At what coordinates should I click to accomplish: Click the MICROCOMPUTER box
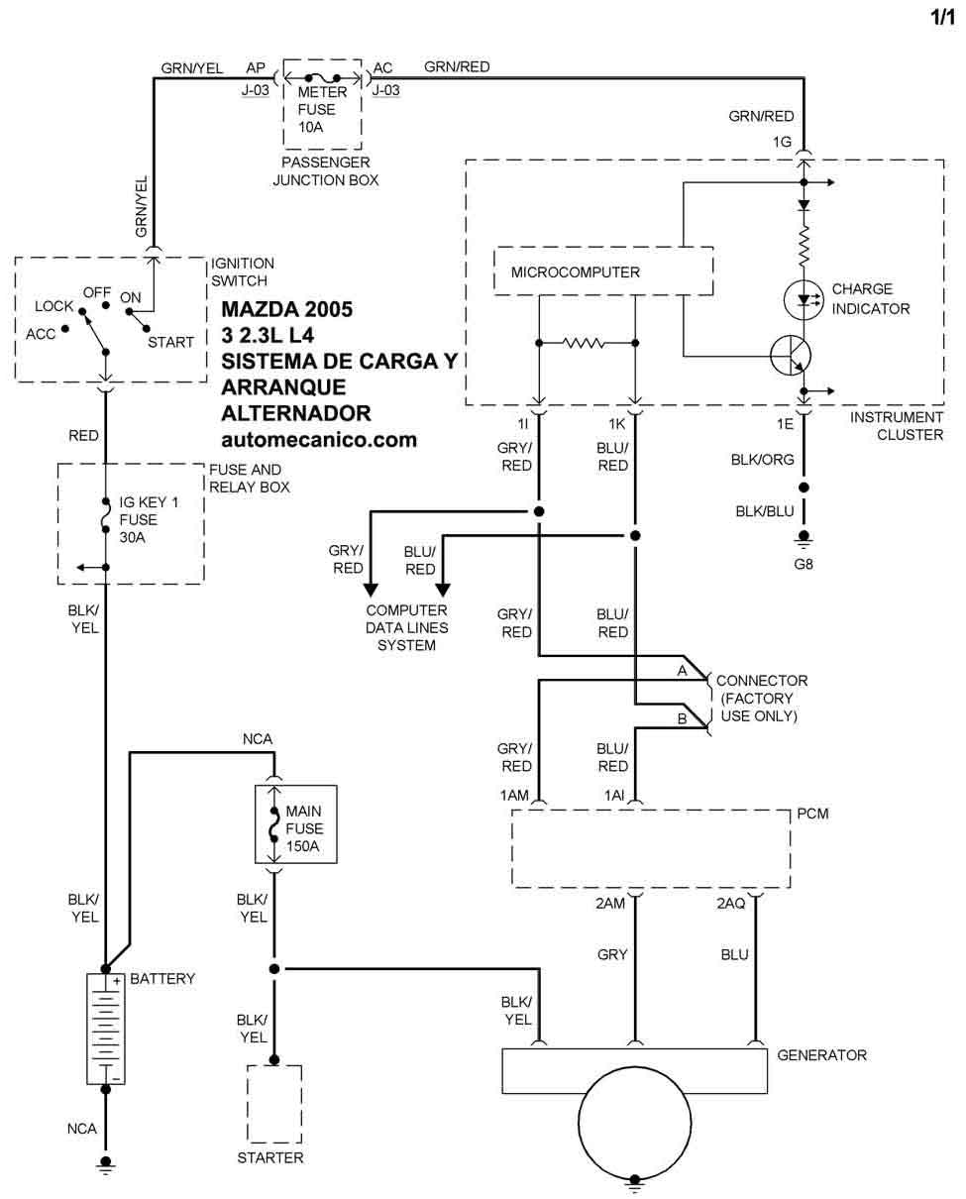pyautogui.click(x=602, y=271)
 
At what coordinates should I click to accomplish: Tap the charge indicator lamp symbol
pyautogui.click(x=803, y=299)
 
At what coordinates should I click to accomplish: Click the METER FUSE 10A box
pyautogui.click(x=322, y=103)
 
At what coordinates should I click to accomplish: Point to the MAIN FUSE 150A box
pyautogui.click(x=296, y=825)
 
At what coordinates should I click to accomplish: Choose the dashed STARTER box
pyautogui.click(x=274, y=1104)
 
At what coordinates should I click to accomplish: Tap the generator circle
pyautogui.click(x=634, y=1120)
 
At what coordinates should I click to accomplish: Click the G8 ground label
pyautogui.click(x=804, y=567)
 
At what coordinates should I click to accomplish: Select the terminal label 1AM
pyautogui.click(x=514, y=796)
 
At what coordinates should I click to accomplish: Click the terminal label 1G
pyautogui.click(x=783, y=142)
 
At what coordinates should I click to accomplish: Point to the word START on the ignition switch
pyautogui.click(x=170, y=343)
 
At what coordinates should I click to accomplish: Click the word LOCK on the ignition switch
pyautogui.click(x=54, y=307)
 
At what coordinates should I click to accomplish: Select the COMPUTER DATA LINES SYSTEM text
pyautogui.click(x=406, y=628)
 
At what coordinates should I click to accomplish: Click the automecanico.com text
pyautogui.click(x=319, y=439)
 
